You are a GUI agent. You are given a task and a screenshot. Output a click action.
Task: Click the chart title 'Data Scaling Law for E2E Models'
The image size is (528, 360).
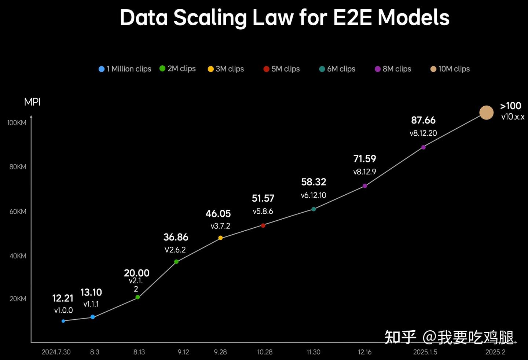tap(285, 18)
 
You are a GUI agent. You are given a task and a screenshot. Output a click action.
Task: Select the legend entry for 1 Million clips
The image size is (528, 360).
tap(125, 69)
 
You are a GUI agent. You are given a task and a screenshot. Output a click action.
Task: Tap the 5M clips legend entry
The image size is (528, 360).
tap(282, 69)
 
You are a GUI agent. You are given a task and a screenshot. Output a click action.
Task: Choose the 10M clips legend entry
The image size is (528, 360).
tap(450, 69)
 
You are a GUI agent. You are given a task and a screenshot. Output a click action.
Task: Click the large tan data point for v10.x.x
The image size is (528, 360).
tap(486, 113)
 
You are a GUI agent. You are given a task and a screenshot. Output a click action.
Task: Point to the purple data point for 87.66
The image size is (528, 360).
tap(423, 147)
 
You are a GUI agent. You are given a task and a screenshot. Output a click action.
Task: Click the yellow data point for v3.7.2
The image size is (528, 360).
tap(220, 238)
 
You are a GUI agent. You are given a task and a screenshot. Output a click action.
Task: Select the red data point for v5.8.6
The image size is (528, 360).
tap(263, 225)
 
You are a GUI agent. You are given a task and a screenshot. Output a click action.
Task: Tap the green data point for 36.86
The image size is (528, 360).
tap(176, 262)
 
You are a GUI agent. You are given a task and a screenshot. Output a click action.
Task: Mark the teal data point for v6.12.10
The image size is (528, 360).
tap(313, 209)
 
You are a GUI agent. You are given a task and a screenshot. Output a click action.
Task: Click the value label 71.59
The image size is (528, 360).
tap(364, 159)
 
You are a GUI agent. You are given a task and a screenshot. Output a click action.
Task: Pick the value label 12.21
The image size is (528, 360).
tap(63, 298)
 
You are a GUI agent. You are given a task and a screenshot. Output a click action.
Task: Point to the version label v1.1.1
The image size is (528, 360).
tap(91, 304)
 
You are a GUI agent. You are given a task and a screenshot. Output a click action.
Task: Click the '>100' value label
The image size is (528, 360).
tap(510, 106)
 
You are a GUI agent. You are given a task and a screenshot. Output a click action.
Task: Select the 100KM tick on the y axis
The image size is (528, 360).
tap(17, 123)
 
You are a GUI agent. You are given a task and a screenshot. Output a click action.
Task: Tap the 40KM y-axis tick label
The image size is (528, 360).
tap(18, 256)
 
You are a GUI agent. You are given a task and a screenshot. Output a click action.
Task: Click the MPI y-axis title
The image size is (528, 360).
tap(32, 102)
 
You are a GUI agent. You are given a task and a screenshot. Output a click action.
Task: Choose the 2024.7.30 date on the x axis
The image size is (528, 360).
tap(56, 352)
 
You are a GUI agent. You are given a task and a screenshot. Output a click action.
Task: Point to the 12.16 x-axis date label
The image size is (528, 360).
tap(364, 352)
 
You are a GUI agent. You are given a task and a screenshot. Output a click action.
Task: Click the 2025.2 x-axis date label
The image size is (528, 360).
tap(495, 352)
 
